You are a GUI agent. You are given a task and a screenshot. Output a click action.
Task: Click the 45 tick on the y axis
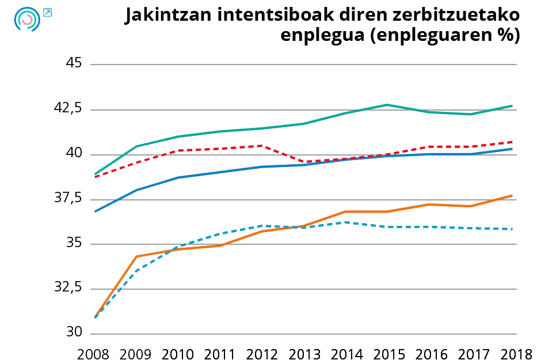pyautogui.click(x=74, y=63)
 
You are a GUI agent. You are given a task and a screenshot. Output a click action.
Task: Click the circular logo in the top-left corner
pyautogui.click(x=26, y=19)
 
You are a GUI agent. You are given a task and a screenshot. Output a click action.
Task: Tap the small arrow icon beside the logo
pyautogui.click(x=47, y=12)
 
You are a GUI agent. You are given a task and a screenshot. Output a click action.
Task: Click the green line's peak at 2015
pyautogui.click(x=387, y=105)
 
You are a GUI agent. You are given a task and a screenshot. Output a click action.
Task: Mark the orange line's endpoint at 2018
pyautogui.click(x=512, y=196)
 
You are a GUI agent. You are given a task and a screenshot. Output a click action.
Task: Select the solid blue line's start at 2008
pyautogui.click(x=94, y=211)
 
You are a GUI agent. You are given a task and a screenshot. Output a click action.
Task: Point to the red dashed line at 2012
pyautogui.click(x=261, y=146)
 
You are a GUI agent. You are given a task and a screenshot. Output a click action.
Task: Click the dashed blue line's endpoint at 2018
pyautogui.click(x=512, y=229)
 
